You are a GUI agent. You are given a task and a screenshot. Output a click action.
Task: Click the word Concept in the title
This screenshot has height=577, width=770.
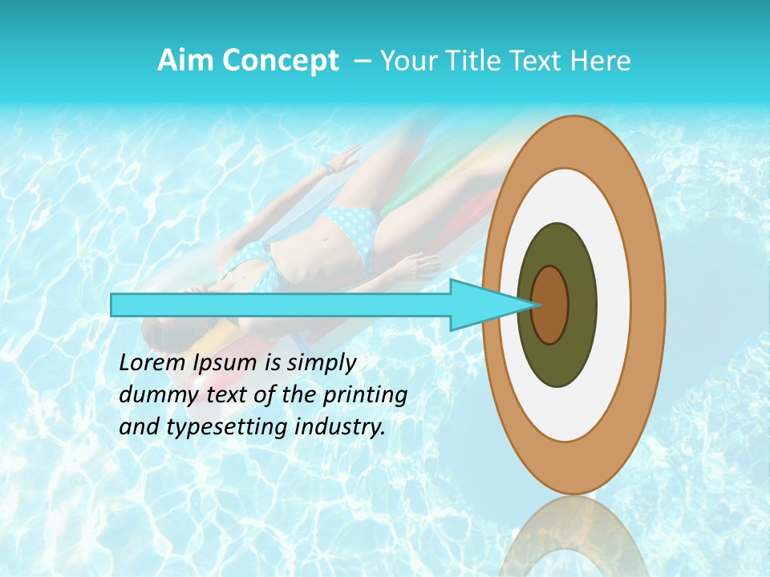tap(280, 61)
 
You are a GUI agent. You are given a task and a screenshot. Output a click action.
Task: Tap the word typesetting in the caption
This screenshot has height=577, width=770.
tap(217, 428)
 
